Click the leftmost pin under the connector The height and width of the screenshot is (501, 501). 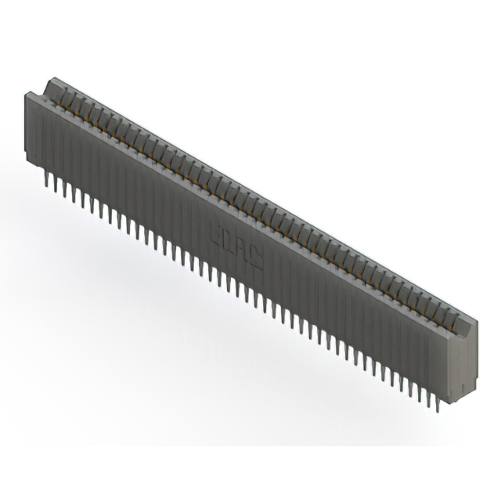coord(47,182)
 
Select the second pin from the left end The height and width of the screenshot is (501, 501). coord(55,186)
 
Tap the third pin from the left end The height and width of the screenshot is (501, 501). coord(64,190)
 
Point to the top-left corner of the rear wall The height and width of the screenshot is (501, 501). coord(52,77)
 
